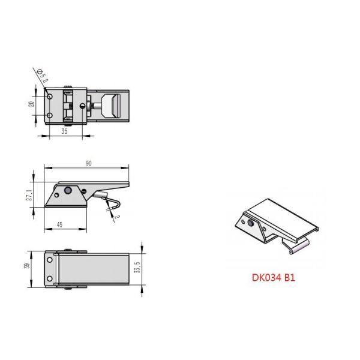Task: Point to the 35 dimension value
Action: (64, 131)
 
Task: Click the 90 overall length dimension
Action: (88, 164)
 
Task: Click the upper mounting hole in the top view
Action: (51, 95)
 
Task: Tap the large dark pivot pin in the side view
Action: (70, 191)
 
